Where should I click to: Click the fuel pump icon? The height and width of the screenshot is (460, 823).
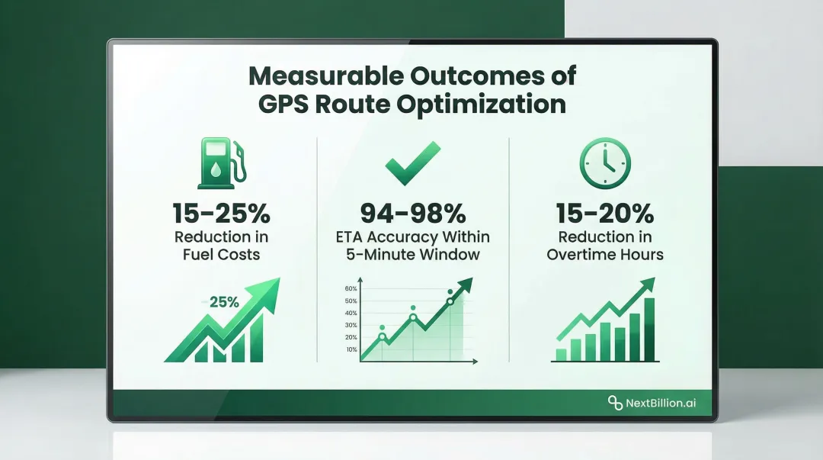tap(220, 162)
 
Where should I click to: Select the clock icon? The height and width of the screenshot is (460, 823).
tap(605, 162)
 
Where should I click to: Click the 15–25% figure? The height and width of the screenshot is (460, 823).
tap(221, 213)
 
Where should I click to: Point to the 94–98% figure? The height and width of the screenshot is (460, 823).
tap(414, 213)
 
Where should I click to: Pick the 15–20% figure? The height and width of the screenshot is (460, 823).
tap(605, 213)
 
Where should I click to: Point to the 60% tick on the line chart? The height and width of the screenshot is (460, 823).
tap(351, 288)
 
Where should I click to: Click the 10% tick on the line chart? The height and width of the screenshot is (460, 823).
tap(351, 349)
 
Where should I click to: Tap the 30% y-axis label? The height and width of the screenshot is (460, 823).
tap(351, 325)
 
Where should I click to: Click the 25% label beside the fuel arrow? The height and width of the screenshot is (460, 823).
tap(224, 301)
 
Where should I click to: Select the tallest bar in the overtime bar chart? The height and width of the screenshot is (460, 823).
tap(649, 329)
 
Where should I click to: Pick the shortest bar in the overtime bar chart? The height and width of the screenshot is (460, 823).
tap(562, 354)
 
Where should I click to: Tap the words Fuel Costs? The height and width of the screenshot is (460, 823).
tap(221, 254)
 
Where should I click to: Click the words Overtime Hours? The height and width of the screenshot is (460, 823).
tap(605, 254)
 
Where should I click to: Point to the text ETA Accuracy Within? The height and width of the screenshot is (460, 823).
tap(414, 237)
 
